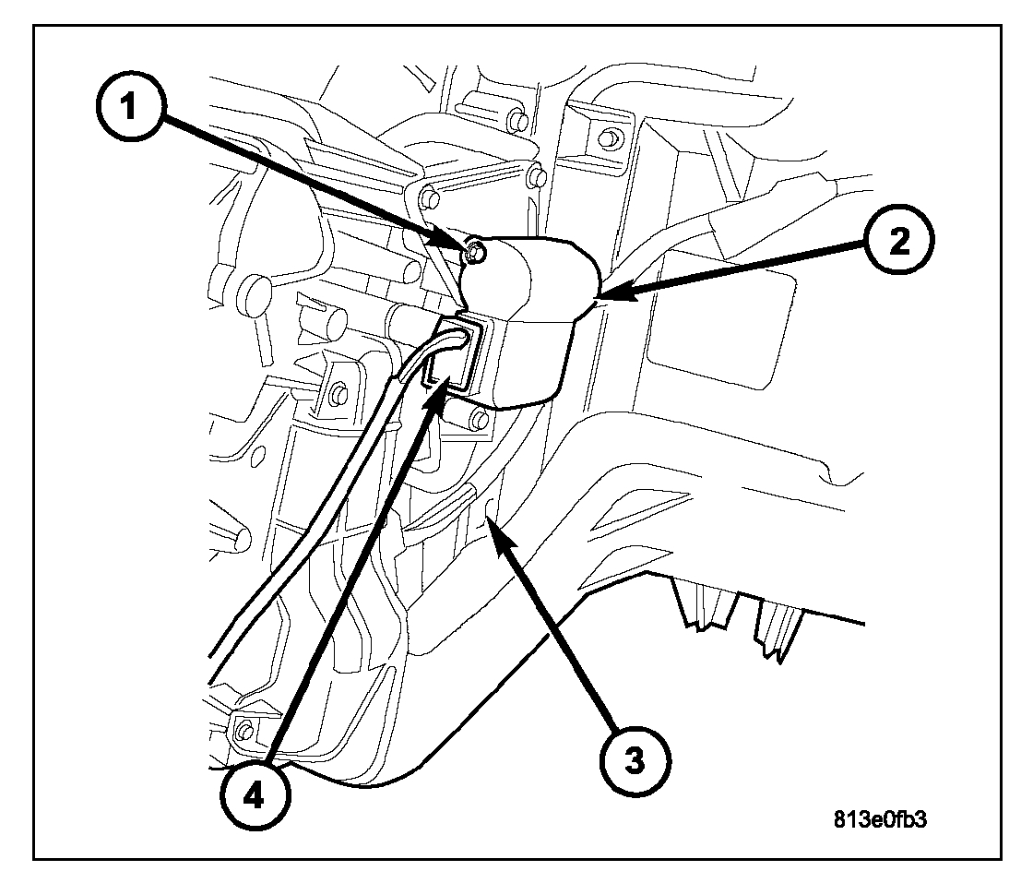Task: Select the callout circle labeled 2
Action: click(899, 242)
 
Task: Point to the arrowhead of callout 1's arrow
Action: click(463, 247)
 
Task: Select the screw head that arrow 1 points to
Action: click(474, 251)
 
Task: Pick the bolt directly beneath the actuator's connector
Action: click(477, 421)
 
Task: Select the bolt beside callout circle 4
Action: click(243, 732)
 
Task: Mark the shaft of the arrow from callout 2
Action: click(738, 270)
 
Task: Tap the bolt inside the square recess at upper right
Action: click(607, 139)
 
